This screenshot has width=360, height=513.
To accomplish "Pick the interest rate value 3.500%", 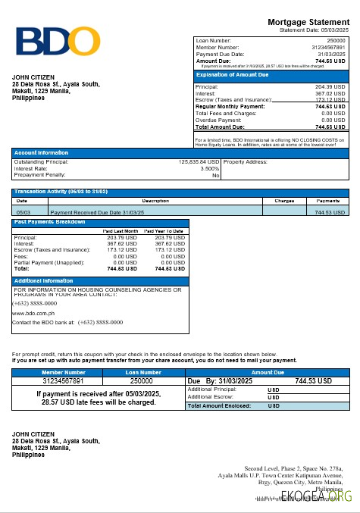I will click(209, 168).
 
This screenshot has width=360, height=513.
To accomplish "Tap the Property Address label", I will click(246, 162).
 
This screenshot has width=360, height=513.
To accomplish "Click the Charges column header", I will click(284, 201).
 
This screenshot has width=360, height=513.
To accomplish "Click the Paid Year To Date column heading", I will click(165, 231).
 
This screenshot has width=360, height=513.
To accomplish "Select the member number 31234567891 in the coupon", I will click(64, 381).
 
